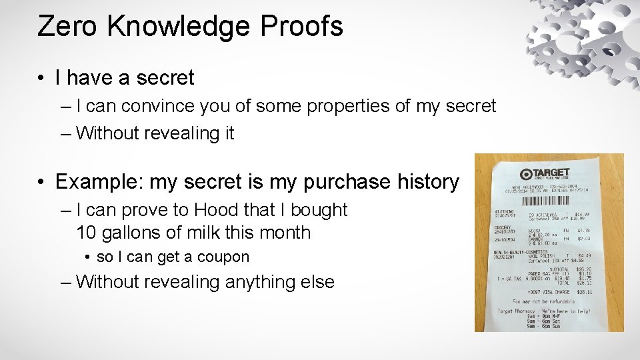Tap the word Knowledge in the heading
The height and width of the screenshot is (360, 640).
point(177,26)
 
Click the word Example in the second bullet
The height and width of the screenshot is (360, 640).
point(99,181)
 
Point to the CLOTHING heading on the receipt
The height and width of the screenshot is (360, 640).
point(504,212)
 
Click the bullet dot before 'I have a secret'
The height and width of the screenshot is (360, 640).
point(41,79)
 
